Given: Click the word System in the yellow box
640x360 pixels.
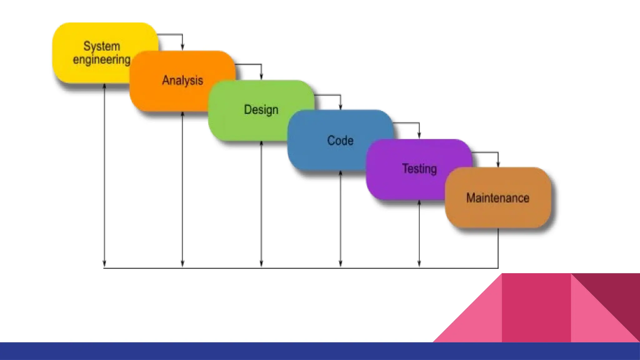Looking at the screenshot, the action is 102,46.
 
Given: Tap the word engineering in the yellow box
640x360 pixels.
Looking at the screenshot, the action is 102,59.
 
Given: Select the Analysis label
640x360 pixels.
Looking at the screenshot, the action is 182,80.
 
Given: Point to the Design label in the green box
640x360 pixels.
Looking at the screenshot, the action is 261,110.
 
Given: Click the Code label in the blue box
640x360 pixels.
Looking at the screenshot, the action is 340,141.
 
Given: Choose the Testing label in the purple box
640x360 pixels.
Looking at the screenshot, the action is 419,169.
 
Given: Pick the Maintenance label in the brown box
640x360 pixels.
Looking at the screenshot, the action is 498,198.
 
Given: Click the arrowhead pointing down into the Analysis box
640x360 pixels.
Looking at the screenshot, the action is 182,47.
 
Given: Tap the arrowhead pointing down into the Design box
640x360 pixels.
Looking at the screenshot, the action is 261,77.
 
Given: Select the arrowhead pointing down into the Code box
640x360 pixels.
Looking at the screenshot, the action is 340,107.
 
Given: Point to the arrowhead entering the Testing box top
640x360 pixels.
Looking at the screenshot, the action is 419,135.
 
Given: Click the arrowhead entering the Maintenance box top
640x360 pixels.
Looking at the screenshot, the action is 498,164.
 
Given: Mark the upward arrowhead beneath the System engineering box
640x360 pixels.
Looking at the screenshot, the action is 104,86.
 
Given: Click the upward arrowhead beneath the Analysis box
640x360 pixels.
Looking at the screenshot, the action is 182,114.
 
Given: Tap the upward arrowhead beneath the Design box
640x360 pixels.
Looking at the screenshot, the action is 261,143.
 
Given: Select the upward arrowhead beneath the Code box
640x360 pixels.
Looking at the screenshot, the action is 340,173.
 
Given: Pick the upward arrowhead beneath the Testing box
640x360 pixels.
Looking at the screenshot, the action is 419,202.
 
